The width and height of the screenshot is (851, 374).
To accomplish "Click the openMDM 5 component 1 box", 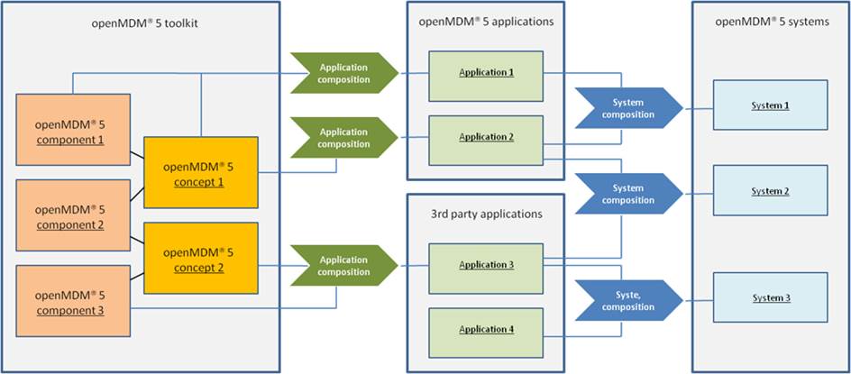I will (70, 132).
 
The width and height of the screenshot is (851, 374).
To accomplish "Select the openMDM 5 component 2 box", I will (70, 216).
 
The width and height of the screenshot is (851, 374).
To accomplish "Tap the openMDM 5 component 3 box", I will (70, 302).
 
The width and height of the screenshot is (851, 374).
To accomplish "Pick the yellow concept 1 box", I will (201, 175).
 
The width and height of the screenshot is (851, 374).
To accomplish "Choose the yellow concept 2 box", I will (201, 260).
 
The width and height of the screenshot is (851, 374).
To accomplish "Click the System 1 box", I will (770, 106).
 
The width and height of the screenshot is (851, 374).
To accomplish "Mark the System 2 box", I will (770, 192).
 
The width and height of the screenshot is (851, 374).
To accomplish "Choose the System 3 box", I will (770, 298).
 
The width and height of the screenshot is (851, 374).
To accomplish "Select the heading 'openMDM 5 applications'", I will (486, 22).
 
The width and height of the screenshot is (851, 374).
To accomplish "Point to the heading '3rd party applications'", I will (486, 214).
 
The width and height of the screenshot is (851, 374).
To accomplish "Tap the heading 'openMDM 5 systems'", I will (770, 22).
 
